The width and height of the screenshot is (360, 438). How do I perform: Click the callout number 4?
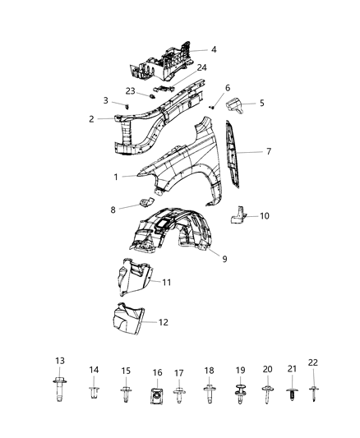214,50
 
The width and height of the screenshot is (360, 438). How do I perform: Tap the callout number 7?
267,152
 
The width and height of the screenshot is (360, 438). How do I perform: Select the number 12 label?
163,321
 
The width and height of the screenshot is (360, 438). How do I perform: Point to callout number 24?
201,67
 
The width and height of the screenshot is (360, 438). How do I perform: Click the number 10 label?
265,216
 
